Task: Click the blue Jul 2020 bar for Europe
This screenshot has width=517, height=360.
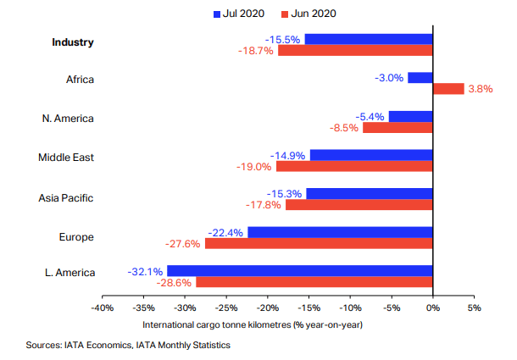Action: click(x=340, y=232)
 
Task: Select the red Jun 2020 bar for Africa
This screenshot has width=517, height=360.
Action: click(x=448, y=89)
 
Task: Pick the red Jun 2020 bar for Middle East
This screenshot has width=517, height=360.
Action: click(x=354, y=166)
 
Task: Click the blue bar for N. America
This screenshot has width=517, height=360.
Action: click(x=410, y=116)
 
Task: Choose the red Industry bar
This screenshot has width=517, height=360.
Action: click(x=355, y=50)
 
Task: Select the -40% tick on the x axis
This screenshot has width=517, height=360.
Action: click(x=103, y=308)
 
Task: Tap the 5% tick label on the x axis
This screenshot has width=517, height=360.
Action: click(x=475, y=308)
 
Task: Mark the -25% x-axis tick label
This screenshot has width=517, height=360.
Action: click(x=226, y=308)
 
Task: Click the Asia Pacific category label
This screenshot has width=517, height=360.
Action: click(x=65, y=198)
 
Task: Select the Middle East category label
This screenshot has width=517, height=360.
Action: click(x=65, y=158)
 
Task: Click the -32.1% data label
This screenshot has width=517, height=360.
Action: click(x=145, y=272)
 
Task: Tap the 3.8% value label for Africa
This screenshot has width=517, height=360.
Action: click(x=480, y=89)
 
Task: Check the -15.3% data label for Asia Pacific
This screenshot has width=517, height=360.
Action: click(x=284, y=194)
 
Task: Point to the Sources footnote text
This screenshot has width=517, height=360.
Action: click(x=128, y=346)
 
